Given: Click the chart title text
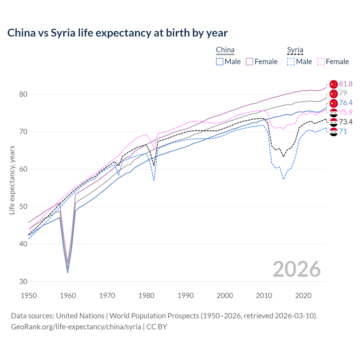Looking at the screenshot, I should tap(117, 33).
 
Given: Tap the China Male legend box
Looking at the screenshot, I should tap(220, 62).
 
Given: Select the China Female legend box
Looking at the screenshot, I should tap(249, 62).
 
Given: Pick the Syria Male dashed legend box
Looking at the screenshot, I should tap(291, 62).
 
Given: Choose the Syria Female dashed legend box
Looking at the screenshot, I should tap(321, 62).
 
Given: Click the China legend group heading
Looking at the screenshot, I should tap(225, 50).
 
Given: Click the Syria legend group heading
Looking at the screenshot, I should tap(295, 50).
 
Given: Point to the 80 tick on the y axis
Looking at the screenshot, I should tap(23, 94).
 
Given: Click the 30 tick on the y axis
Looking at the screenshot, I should tap(23, 282).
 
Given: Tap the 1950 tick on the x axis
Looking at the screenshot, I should tap(29, 296).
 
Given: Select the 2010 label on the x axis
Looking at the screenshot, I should tap(264, 296).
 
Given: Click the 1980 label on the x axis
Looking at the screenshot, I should tap(146, 296).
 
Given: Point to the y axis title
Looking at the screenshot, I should tap(12, 180).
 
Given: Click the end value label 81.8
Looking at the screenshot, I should tap(346, 84).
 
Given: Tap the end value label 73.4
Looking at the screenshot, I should tap(346, 122).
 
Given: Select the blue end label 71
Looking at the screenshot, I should tap(343, 131).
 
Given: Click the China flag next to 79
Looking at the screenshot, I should tap(333, 93).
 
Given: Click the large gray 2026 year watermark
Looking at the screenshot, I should tap(296, 269).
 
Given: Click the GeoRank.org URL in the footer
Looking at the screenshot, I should tap(76, 327).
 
